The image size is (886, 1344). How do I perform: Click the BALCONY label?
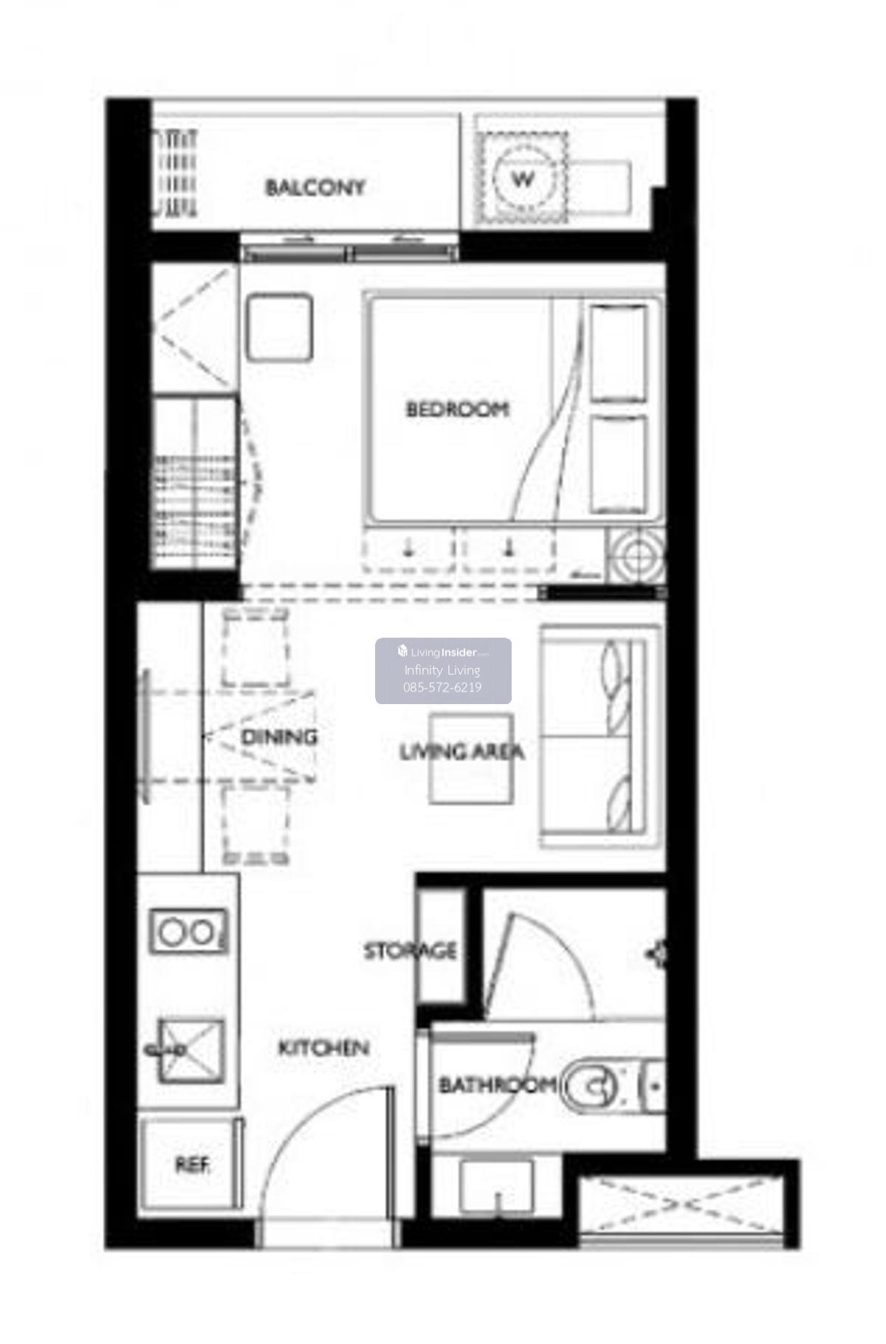coord(315,187)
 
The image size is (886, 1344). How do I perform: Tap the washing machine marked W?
coord(523,178)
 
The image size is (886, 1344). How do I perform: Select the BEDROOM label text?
coord(458,409)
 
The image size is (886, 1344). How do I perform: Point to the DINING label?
coord(279,736)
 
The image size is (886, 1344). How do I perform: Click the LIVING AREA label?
coord(462,752)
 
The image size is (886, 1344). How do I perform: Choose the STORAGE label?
coord(411,951)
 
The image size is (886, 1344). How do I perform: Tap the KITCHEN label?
coord(323,1048)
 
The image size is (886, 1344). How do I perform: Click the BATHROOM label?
coord(498,1085)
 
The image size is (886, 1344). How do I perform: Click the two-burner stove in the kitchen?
coord(188,931)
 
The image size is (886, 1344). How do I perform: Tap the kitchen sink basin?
coord(190,1050)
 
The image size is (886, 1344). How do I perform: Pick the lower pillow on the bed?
coord(619,463)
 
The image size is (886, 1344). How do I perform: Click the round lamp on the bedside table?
coord(636,557)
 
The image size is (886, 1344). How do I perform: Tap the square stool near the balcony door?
coord(279,328)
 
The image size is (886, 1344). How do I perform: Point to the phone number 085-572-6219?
coord(442,687)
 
